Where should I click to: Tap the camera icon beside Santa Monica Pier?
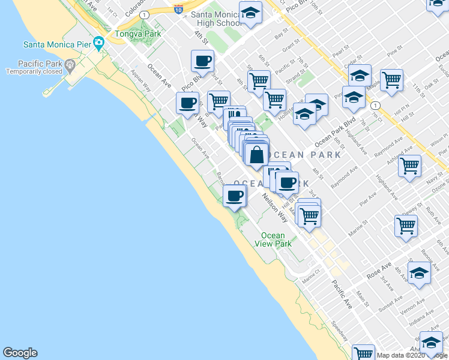(98, 43)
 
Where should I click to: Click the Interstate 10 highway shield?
(178, 8)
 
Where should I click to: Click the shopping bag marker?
(256, 154)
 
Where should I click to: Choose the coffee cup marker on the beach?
(235, 195)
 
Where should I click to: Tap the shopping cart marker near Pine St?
(391, 79)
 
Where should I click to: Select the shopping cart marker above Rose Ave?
(406, 226)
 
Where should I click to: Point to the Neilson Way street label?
(274, 207)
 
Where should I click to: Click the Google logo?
(20, 353)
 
